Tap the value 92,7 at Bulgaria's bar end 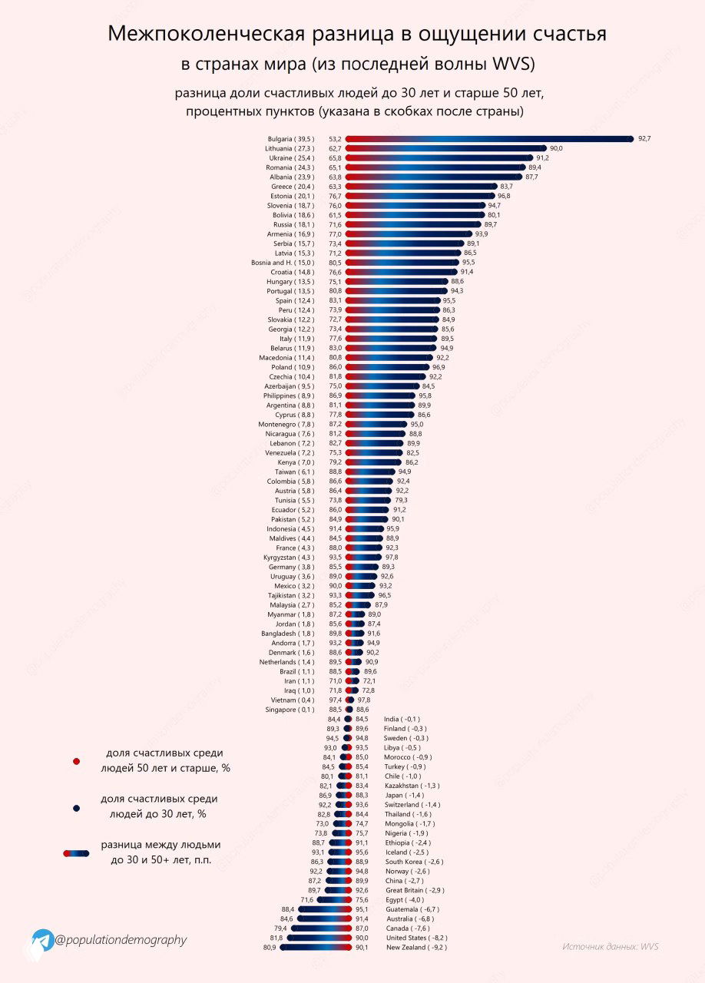[644, 139]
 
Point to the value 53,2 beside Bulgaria [335, 139]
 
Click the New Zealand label [416, 948]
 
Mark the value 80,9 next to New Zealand [270, 948]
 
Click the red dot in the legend [76, 761]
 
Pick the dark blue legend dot [76, 808]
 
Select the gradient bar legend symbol [76, 852]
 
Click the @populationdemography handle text [121, 940]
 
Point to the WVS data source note [610, 947]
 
